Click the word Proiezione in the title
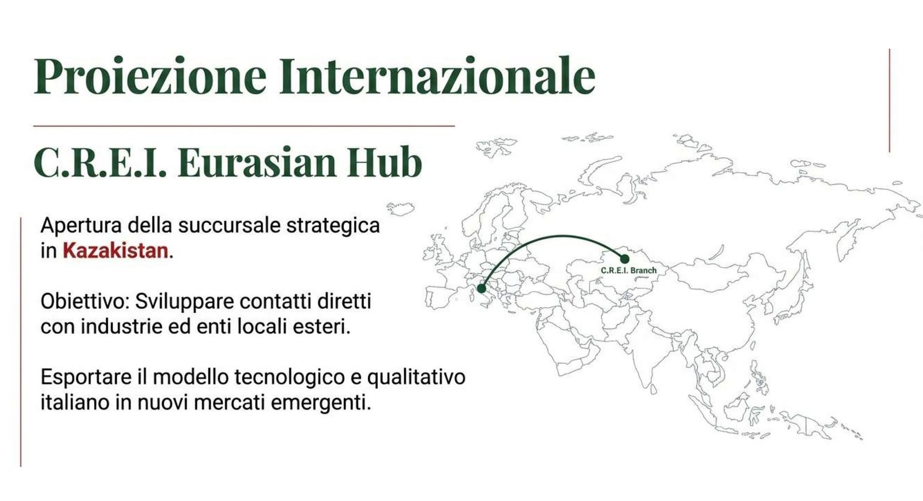[150, 76]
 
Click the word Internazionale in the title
[437, 76]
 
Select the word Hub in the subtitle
[385, 162]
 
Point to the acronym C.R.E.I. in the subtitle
[100, 162]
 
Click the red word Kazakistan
[115, 250]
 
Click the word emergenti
[321, 403]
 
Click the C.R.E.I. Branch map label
[628, 271]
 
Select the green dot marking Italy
[481, 288]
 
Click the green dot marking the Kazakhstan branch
[625, 259]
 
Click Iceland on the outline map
[400, 208]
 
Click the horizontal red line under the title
[244, 126]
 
